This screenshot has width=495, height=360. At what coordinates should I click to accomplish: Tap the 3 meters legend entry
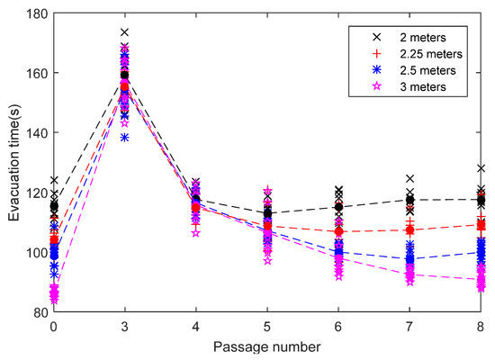pyautogui.click(x=409, y=86)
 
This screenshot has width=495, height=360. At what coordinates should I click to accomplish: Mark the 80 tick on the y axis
pyautogui.click(x=39, y=312)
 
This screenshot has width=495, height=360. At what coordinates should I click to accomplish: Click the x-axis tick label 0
pyautogui.click(x=54, y=326)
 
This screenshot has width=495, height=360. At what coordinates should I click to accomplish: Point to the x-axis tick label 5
pyautogui.click(x=267, y=326)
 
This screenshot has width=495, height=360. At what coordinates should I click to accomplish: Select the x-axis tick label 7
pyautogui.click(x=410, y=326)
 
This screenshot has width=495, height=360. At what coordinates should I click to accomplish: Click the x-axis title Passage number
pyautogui.click(x=268, y=345)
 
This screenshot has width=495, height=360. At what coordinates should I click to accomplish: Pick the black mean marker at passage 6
pyautogui.click(x=339, y=207)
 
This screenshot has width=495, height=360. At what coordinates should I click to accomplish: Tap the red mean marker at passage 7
pyautogui.click(x=410, y=229)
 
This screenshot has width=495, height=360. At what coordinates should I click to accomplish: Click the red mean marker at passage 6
pyautogui.click(x=339, y=231)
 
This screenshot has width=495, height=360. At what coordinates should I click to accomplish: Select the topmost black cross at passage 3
pyautogui.click(x=125, y=32)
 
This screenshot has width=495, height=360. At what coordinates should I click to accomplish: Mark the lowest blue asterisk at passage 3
pyautogui.click(x=125, y=138)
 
